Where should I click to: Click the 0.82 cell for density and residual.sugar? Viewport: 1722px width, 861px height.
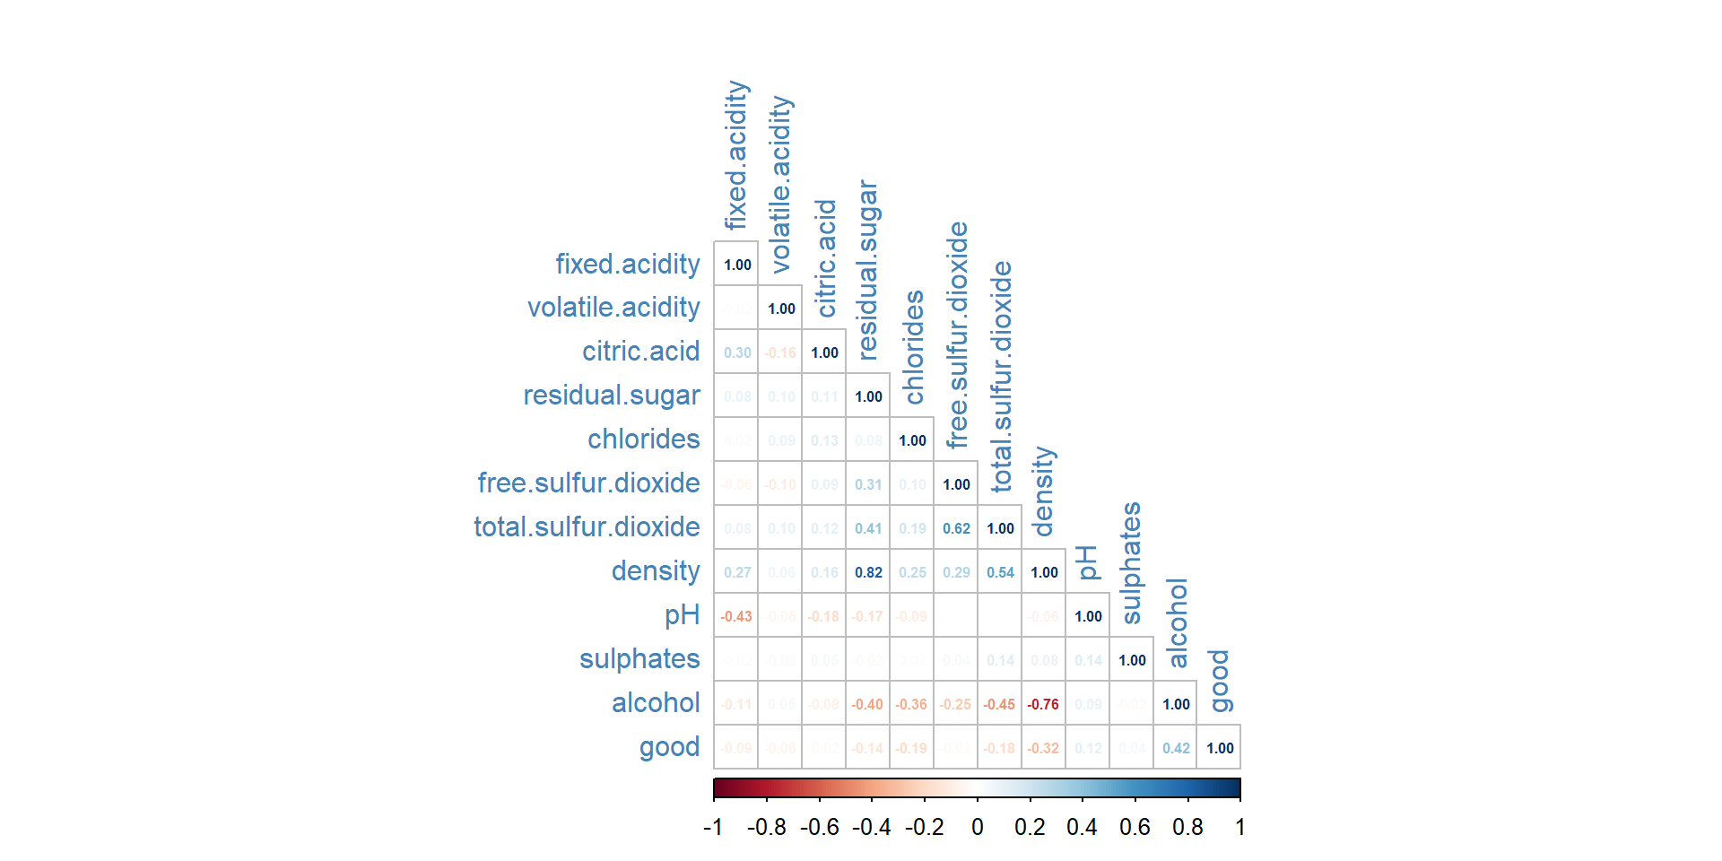[868, 572]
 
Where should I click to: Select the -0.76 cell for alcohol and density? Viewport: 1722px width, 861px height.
[1044, 704]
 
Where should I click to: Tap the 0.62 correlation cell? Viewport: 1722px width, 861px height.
[956, 528]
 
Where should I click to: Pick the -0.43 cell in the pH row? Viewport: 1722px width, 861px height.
[736, 616]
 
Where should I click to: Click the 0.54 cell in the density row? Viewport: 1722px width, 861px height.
[1000, 572]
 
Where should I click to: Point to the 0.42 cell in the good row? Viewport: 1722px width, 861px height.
[1176, 748]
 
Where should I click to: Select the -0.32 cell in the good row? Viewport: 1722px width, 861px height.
[1044, 748]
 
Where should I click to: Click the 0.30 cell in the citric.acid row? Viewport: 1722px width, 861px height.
[736, 352]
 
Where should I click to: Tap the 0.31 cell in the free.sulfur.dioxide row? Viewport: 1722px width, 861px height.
[868, 484]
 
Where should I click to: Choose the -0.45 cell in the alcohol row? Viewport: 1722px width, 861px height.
[1000, 704]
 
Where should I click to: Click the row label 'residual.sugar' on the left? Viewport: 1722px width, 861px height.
[611, 396]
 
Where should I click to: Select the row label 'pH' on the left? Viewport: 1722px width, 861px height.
[682, 615]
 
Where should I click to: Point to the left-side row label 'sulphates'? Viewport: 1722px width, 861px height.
[639, 659]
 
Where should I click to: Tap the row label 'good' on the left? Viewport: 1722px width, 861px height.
[669, 747]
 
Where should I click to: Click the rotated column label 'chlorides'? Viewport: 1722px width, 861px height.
[913, 347]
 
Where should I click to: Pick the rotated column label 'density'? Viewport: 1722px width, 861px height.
[1042, 491]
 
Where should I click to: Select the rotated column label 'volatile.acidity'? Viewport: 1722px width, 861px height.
[780, 184]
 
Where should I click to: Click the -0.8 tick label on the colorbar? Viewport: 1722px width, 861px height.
[767, 827]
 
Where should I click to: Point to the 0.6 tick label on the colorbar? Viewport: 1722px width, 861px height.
[1135, 827]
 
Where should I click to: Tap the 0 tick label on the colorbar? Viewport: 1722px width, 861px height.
[977, 827]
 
